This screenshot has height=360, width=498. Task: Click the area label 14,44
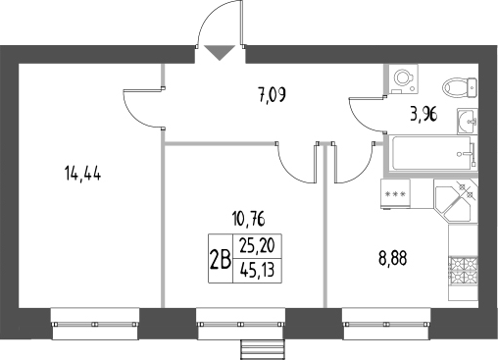point(83,176)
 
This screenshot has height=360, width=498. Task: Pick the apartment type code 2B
point(220,260)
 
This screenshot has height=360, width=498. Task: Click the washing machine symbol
point(403,77)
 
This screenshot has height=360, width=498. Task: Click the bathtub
point(432,153)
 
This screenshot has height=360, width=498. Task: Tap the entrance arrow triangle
point(219,53)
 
